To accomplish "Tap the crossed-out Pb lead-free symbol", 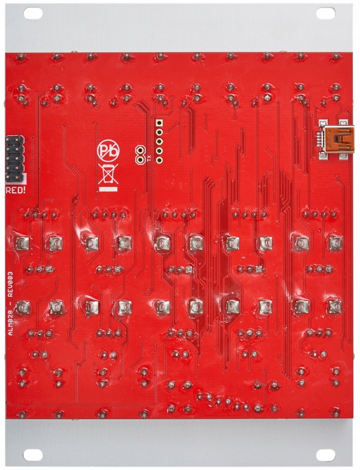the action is (108, 151).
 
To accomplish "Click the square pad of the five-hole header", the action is (159, 123).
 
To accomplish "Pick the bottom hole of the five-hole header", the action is (159, 160).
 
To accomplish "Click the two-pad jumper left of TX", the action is (140, 155).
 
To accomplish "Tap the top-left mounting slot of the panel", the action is (33, 14).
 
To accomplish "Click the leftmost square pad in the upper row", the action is (22, 243).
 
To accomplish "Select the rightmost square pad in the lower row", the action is (335, 307).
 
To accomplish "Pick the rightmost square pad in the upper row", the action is (335, 243).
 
